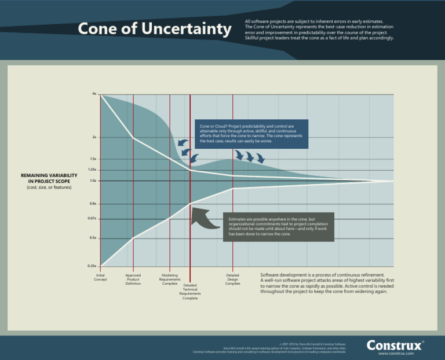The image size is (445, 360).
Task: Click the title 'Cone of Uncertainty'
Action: click(155, 29)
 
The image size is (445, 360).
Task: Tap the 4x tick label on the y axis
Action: click(94, 93)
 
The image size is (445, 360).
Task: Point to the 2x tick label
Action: click(94, 137)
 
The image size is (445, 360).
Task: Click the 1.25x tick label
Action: click(92, 170)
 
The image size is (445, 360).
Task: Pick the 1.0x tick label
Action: click(93, 181)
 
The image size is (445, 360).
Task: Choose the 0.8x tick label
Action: click(93, 204)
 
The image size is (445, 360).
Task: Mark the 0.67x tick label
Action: click(92, 219)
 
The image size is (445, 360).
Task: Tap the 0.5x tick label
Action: click(93, 238)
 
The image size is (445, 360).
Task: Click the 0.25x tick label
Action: click(92, 266)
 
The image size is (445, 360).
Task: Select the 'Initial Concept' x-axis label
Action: click(101, 277)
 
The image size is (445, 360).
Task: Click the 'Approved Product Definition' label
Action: click(133, 280)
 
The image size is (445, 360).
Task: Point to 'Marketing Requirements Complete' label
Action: click(169, 280)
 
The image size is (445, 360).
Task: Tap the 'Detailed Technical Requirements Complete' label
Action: click(190, 292)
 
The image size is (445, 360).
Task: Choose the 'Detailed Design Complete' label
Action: click(232, 280)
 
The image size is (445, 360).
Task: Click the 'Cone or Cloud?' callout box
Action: click(251, 134)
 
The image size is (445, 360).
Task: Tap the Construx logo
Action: click(394, 345)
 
